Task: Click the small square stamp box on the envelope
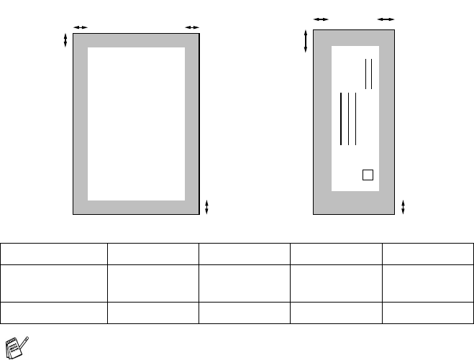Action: point(368,175)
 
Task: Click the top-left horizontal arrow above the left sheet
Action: point(80,27)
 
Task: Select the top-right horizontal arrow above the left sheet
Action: point(191,27)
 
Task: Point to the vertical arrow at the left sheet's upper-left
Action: point(66,40)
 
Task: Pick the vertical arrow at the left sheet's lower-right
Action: point(207,207)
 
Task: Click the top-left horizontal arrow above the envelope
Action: point(321,19)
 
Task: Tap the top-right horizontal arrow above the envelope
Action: point(386,19)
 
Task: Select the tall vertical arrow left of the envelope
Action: point(306,40)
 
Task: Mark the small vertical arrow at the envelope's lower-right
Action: point(403,207)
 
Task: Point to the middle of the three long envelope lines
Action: point(348,119)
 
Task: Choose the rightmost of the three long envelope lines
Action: point(356,119)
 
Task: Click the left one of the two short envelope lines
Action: point(366,74)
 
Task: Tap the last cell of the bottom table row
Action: point(427,311)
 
